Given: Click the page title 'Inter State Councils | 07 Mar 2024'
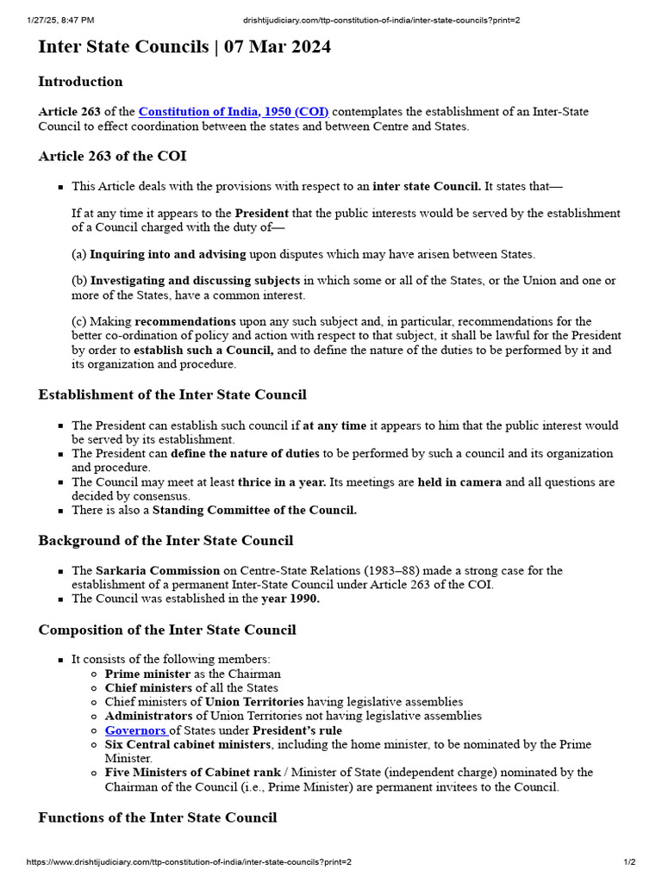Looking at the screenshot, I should tap(184, 47).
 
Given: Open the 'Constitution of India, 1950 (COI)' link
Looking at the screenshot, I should tap(234, 112).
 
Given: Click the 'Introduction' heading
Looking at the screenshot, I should tap(80, 82).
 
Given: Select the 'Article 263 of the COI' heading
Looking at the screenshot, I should tap(112, 156).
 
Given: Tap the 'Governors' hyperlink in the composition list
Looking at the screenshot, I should tap(135, 730).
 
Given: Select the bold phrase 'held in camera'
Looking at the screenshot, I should tap(459, 482).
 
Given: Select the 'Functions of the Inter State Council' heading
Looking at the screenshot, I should tap(157, 817).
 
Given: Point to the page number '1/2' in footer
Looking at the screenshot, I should tap(629, 862).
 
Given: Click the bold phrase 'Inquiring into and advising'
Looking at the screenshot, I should tap(168, 254).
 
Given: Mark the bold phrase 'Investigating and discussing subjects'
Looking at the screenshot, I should tap(195, 281).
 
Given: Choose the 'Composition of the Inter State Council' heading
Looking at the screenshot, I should tap(166, 630).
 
